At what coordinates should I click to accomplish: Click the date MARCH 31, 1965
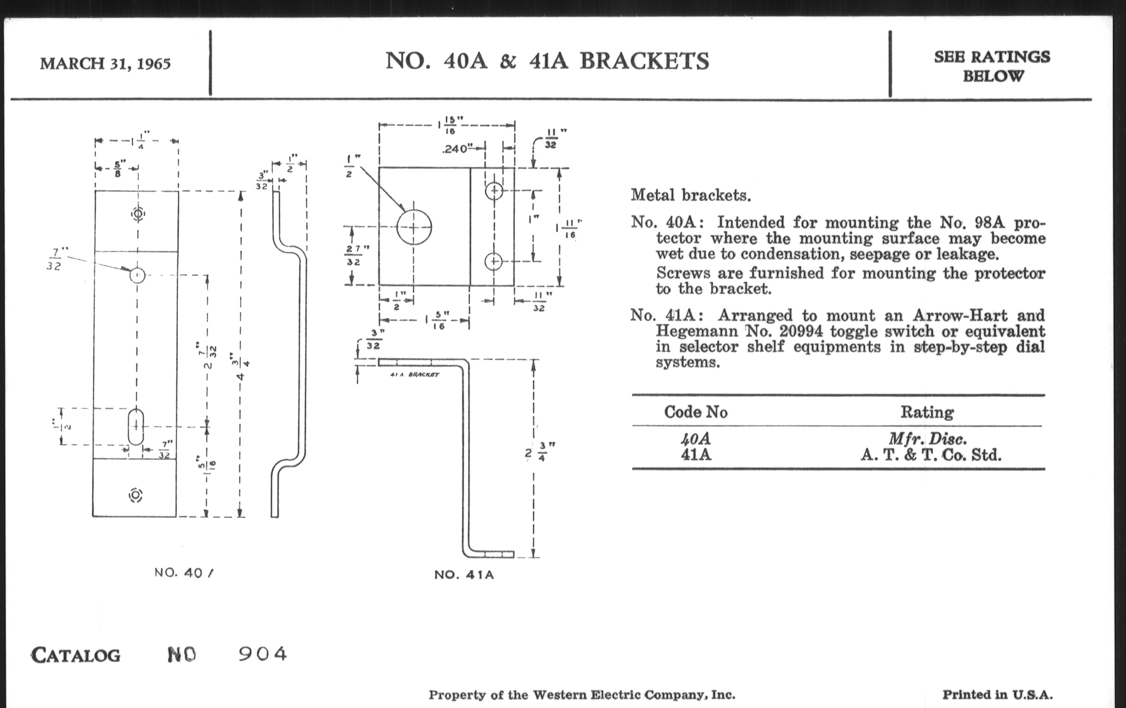pyautogui.click(x=105, y=63)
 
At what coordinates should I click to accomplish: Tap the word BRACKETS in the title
pyautogui.click(x=644, y=61)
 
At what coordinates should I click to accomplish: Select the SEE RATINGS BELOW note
pyautogui.click(x=992, y=66)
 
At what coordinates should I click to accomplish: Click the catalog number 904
pyautogui.click(x=263, y=654)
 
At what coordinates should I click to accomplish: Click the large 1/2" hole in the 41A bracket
pyautogui.click(x=414, y=227)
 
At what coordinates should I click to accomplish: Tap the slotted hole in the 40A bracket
pyautogui.click(x=136, y=427)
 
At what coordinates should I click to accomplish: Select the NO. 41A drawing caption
pyautogui.click(x=464, y=574)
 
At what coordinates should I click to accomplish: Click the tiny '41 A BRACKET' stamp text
pyautogui.click(x=414, y=375)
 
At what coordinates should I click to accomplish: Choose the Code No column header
pyautogui.click(x=695, y=412)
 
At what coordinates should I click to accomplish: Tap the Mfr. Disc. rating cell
pyautogui.click(x=927, y=438)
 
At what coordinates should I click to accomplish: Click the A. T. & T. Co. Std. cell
pyautogui.click(x=931, y=454)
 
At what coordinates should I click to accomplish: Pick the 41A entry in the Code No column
pyautogui.click(x=696, y=454)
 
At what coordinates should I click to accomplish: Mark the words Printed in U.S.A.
pyautogui.click(x=997, y=695)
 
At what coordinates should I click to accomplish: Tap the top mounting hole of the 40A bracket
pyautogui.click(x=138, y=214)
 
